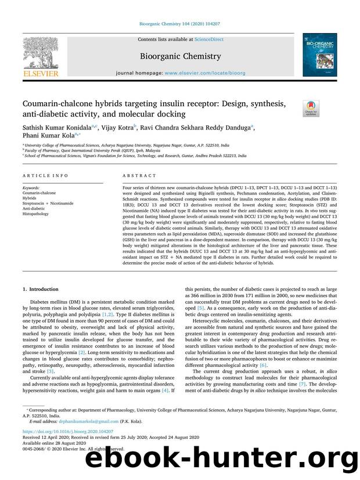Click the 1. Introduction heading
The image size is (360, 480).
coord(40,289)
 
